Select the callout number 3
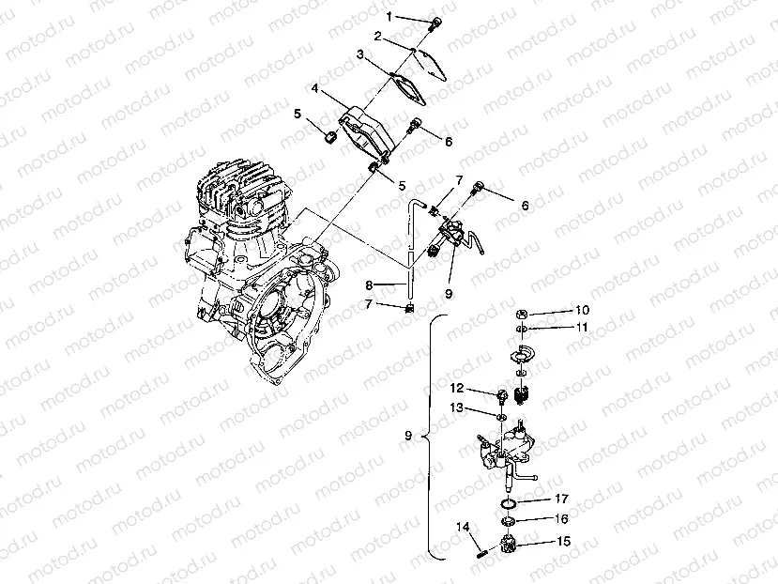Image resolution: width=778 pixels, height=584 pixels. (x=360, y=55)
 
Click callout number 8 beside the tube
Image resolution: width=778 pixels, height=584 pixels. (x=370, y=284)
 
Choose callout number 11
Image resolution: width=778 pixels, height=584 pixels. (x=582, y=328)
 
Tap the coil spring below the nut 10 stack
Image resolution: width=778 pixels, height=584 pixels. (x=526, y=397)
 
